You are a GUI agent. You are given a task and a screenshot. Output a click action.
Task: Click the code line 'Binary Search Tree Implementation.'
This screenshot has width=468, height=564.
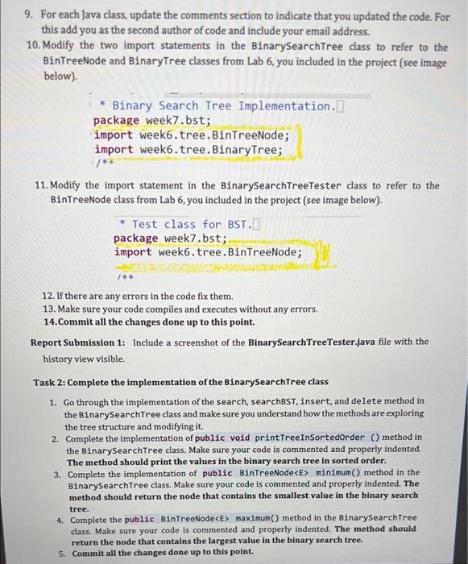pyautogui.click(x=222, y=106)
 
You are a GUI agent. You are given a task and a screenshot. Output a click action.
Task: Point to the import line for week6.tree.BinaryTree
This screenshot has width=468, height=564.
pyautogui.click(x=188, y=149)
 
